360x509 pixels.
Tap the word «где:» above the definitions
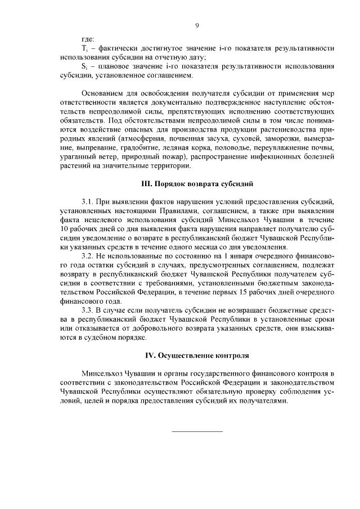pyautogui.click(x=87, y=40)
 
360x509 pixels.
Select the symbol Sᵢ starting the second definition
pyautogui.click(x=84, y=66)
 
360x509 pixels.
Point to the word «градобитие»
pyautogui.click(x=133, y=148)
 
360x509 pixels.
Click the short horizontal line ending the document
pyautogui.click(x=197, y=431)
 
